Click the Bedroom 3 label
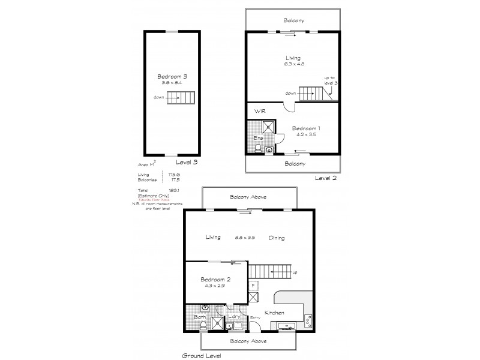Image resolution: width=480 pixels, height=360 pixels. [173, 76]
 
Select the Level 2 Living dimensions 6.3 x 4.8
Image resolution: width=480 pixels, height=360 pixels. [293, 64]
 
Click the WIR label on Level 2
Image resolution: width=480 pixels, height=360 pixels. [260, 112]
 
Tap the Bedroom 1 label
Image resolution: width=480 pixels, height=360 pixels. [305, 128]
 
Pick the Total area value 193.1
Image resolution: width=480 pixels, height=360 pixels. [175, 190]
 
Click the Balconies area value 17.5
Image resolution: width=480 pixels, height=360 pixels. [175, 179]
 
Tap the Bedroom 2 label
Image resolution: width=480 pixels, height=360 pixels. [215, 280]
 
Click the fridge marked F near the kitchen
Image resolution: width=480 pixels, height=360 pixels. [253, 285]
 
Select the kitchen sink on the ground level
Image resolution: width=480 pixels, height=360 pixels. [285, 326]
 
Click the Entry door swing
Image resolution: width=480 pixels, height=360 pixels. [256, 327]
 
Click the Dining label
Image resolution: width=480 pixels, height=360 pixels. [277, 238]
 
